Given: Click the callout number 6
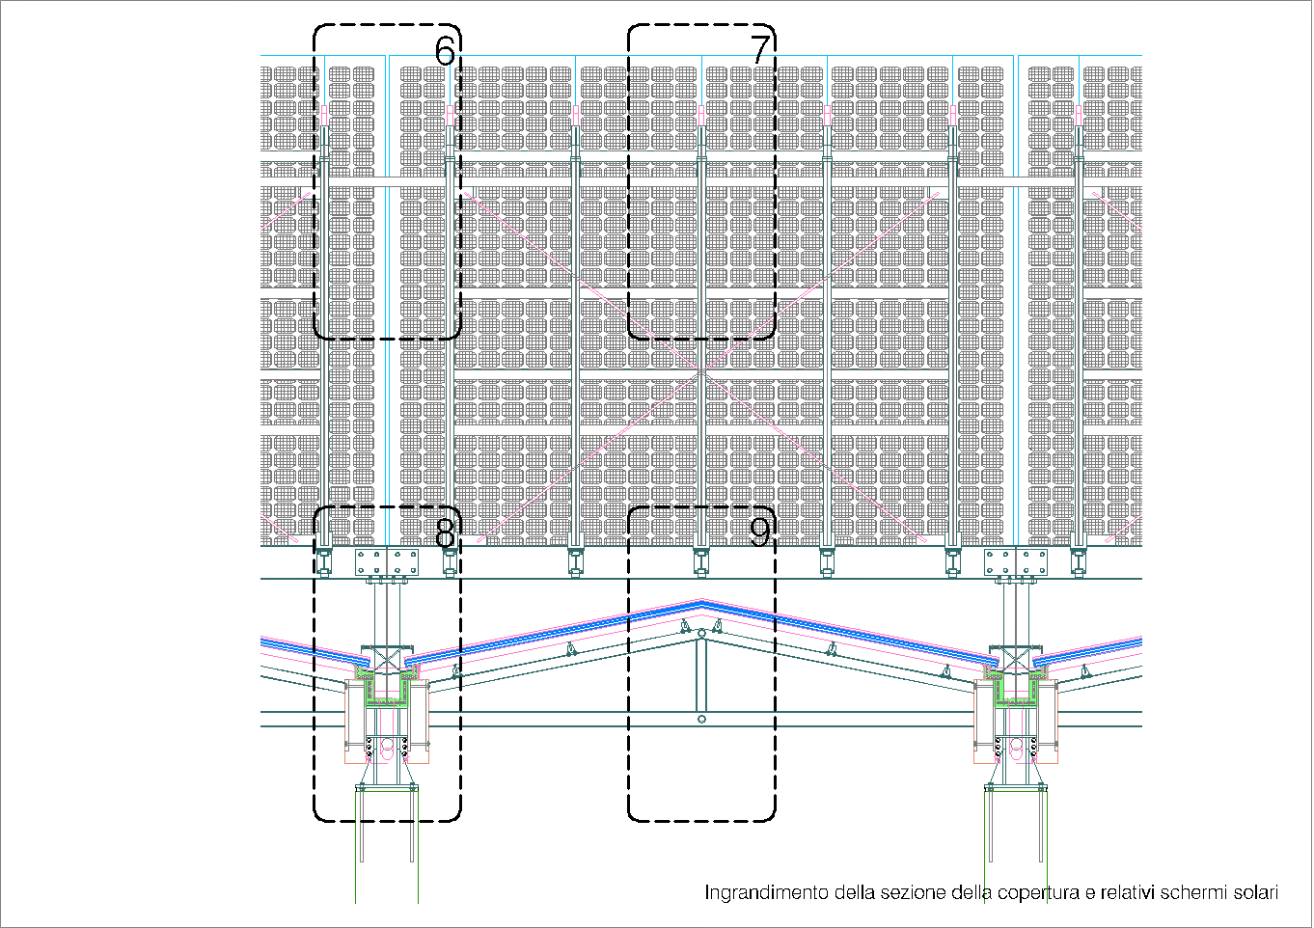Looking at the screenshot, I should [444, 51].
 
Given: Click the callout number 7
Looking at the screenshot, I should [760, 50].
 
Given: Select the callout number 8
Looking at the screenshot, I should [445, 532].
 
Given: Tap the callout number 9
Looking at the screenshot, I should [760, 532].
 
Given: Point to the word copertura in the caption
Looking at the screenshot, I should [1038, 893].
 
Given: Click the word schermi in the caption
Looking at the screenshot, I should [1193, 892].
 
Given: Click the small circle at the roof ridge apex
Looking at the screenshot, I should [701, 634].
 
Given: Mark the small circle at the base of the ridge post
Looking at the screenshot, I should [701, 719].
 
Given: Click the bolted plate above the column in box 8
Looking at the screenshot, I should [387, 561].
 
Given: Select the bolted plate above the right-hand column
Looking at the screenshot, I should [1016, 561].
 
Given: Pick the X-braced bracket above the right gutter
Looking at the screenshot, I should [1016, 659].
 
